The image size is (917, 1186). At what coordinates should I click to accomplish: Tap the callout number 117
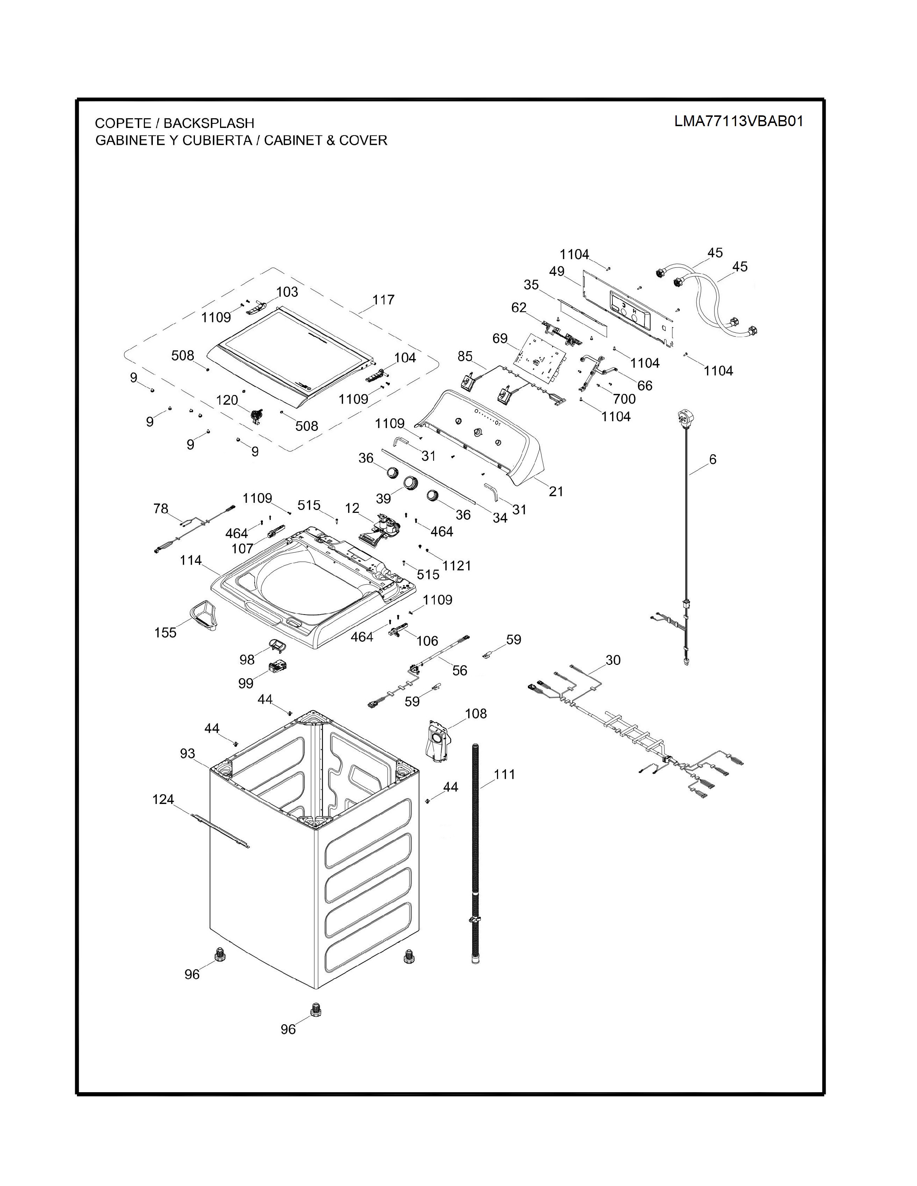(x=383, y=299)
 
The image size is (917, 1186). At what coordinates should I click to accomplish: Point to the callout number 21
(x=556, y=491)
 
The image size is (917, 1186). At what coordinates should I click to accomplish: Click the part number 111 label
(x=504, y=774)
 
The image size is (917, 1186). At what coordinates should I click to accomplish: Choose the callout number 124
(x=163, y=799)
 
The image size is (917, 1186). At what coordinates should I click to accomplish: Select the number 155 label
(x=165, y=633)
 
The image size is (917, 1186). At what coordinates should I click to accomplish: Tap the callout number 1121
(x=456, y=566)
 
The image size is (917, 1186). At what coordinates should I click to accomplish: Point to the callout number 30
(x=613, y=660)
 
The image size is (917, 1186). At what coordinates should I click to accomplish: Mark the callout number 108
(x=476, y=713)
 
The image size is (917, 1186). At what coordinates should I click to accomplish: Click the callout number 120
(x=227, y=400)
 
